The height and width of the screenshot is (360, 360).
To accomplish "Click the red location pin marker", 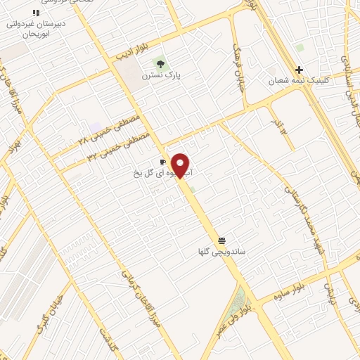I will pos(181,165).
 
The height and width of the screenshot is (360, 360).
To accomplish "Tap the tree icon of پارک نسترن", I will pos(161,63).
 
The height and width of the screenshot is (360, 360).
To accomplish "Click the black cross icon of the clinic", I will pos(300,70).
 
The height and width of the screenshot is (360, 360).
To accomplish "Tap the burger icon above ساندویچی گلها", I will pos(222,240).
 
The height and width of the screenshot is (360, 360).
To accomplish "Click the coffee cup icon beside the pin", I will pos(163,162).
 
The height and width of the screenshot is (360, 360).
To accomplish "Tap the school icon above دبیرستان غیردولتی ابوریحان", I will pos(36,13).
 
